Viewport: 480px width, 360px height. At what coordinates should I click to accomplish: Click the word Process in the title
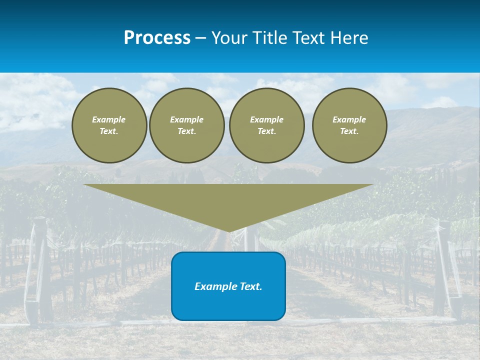click(157, 38)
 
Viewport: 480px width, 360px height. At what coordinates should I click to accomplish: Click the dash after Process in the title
click(200, 38)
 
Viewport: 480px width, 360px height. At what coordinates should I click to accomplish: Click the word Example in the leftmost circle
click(109, 119)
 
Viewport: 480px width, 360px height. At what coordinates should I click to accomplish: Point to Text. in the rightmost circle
click(349, 131)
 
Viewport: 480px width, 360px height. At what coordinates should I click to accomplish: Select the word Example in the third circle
click(267, 119)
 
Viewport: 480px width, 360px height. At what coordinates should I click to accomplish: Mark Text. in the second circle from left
click(187, 131)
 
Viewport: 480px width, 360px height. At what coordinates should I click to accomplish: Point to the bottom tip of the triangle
click(229, 230)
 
